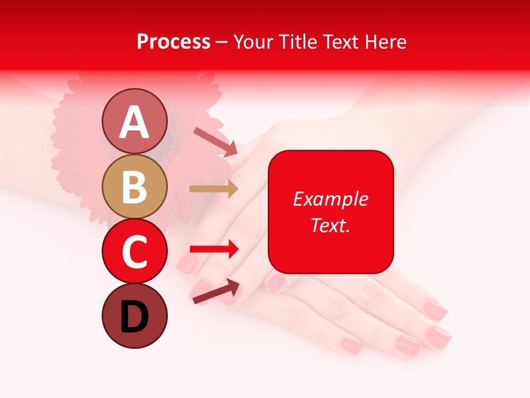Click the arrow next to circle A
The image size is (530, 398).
tap(215, 142)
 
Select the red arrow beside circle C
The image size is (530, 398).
tap(214, 249)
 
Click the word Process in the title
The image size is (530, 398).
tap(173, 41)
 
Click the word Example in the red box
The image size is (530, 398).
tap(330, 199)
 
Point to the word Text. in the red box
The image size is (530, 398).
tap(330, 225)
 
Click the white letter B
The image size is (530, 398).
tap(134, 188)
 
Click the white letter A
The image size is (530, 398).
tap(134, 123)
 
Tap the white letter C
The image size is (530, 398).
tap(134, 252)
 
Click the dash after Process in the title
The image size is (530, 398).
tap(222, 42)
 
